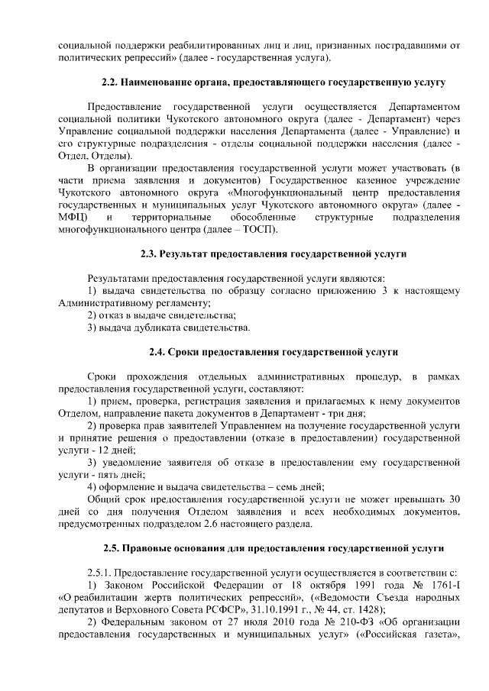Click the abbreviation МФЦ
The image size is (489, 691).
coord(73,218)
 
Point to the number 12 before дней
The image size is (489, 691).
coord(99,451)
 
